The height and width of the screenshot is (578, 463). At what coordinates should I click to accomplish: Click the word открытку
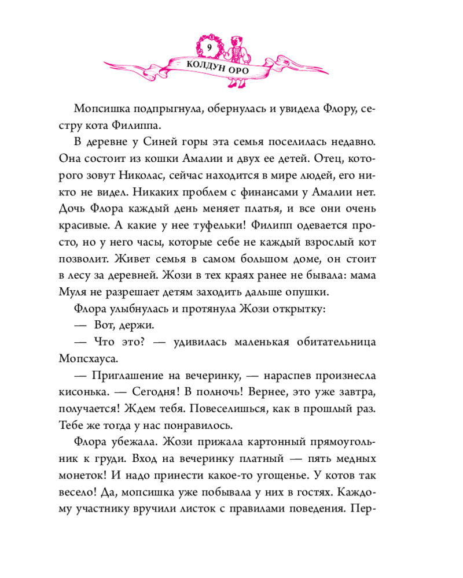tap(300, 309)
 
